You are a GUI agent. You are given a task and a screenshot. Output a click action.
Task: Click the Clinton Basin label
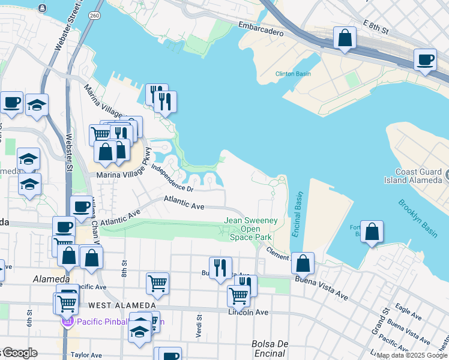click(293, 74)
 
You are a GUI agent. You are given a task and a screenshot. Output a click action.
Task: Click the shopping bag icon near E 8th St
click(345, 38)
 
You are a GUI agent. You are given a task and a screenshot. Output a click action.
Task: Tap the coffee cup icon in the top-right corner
click(425, 59)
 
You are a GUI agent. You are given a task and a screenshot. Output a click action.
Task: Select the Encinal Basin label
click(298, 214)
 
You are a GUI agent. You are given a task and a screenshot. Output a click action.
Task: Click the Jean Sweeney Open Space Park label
click(251, 229)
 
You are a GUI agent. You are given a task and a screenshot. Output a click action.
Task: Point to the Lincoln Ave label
click(248, 312)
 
